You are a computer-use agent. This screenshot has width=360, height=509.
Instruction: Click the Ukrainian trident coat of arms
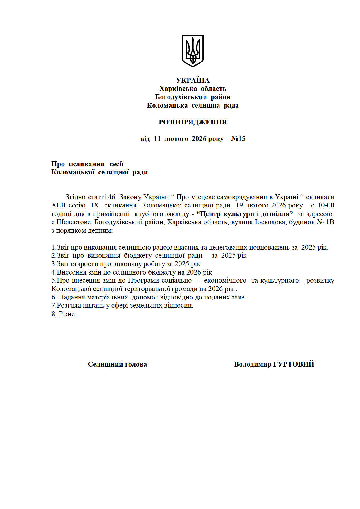[192, 50]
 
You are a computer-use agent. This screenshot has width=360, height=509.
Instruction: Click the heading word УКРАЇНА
[192, 80]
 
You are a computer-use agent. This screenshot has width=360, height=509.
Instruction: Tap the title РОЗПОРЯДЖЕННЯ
[192, 122]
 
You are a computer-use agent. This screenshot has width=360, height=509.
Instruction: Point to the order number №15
[238, 139]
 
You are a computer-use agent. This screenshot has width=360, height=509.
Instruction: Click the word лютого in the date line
[176, 139]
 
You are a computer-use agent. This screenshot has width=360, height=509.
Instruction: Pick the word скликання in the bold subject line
[86, 164]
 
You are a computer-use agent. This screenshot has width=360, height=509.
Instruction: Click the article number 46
[111, 197]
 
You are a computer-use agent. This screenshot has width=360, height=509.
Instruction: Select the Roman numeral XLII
[59, 205]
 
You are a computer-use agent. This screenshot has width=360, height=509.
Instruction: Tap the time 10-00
[326, 205]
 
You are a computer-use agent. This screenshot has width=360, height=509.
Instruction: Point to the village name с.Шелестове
[71, 222]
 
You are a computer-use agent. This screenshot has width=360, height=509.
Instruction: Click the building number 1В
[330, 222]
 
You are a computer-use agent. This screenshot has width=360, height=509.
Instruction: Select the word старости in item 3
[85, 264]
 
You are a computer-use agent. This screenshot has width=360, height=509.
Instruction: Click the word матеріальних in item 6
[107, 297]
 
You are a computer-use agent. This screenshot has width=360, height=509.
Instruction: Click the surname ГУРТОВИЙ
[294, 364]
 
